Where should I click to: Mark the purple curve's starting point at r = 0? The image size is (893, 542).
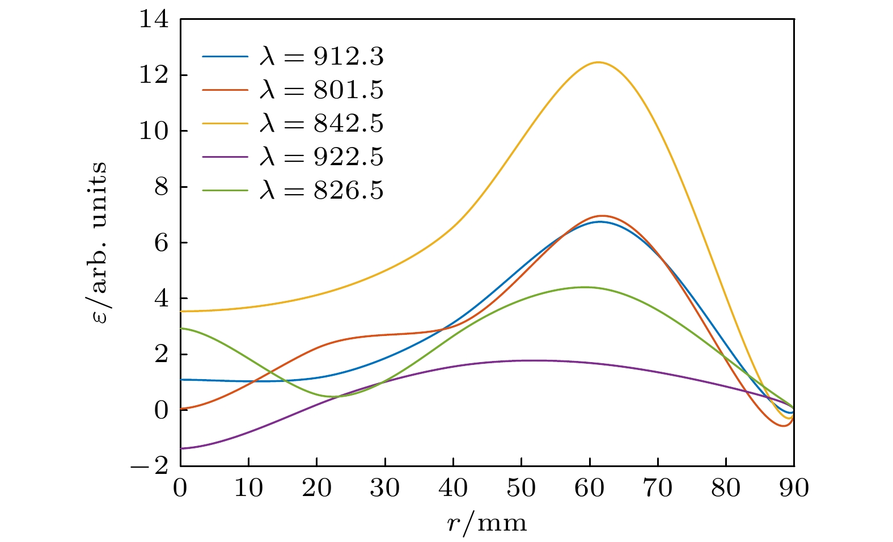(181, 448)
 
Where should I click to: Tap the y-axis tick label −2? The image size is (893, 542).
(150, 466)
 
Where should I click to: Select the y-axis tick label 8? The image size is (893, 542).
(162, 187)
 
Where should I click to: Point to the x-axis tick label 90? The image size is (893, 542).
(794, 488)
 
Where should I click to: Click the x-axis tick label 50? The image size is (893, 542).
(521, 488)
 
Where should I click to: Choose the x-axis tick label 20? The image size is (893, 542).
(316, 488)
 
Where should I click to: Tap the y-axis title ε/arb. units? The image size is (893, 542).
(99, 242)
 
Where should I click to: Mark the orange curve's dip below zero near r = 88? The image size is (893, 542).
(784, 426)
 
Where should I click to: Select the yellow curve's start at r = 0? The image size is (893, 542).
(181, 311)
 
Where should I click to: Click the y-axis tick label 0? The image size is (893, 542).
(162, 410)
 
